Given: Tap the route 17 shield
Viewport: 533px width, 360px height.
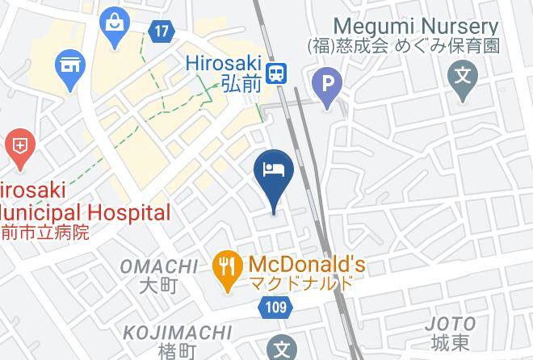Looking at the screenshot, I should (162, 32).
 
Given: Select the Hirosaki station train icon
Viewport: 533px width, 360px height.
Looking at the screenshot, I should (278, 73).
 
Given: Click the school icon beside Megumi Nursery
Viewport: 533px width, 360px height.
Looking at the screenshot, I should (463, 78).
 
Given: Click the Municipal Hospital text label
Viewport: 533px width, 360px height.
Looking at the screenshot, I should (84, 213).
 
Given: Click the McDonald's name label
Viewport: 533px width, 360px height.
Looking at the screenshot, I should (307, 264).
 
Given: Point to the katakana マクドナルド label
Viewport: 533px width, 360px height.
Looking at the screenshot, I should (301, 283).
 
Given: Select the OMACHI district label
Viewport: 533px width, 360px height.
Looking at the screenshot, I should (158, 266).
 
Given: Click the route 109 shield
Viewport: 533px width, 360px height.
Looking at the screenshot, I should (275, 308).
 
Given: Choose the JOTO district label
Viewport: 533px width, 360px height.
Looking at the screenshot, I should (451, 324).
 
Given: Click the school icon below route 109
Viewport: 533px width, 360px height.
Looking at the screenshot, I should (282, 349).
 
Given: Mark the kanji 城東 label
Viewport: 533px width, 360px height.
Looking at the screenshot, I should (451, 343).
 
